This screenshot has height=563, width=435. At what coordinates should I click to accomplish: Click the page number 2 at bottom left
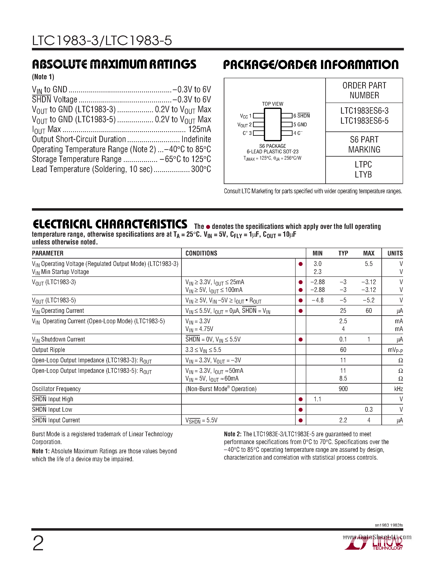(x=38, y=543)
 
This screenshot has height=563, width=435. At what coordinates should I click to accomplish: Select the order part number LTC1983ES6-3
(x=364, y=111)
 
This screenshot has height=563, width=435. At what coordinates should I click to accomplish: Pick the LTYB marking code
(x=363, y=174)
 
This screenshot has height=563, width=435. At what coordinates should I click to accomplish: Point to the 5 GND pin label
(x=300, y=124)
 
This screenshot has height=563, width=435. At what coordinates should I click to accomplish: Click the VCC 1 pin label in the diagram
(x=246, y=116)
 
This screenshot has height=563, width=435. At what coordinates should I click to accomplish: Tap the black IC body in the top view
(x=272, y=124)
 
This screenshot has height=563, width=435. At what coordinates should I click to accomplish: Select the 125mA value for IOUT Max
(x=199, y=129)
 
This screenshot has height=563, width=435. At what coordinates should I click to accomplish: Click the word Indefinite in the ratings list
(x=196, y=139)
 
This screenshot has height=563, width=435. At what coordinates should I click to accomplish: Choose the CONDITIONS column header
(x=201, y=253)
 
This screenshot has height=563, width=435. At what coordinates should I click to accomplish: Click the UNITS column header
(x=395, y=253)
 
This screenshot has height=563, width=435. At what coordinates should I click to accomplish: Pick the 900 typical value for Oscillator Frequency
(x=343, y=389)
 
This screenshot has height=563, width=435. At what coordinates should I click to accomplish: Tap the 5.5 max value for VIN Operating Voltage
(x=368, y=264)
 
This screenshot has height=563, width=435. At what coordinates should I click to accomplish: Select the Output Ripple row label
(x=49, y=350)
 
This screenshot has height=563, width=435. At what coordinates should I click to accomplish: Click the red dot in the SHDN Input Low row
(x=301, y=410)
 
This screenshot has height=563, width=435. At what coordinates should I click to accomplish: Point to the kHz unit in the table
(x=398, y=389)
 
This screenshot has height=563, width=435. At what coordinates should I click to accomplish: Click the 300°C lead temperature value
(x=201, y=169)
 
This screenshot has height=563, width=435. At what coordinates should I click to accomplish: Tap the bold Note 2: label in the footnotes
(x=233, y=434)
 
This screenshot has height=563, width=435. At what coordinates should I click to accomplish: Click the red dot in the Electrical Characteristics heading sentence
(x=208, y=227)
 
